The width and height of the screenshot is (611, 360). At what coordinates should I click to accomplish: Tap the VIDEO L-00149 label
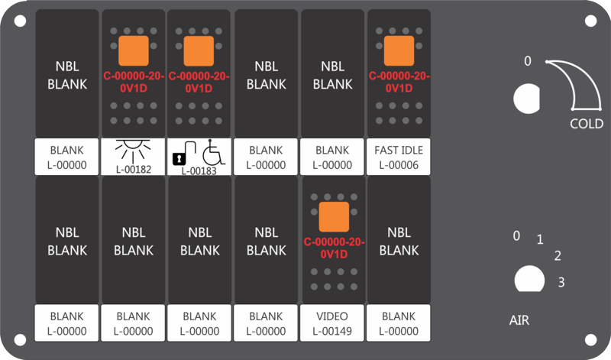(x=332, y=323)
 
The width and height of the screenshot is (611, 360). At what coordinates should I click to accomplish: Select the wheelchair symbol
(x=214, y=152)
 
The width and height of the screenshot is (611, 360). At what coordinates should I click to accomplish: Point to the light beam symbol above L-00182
(x=133, y=151)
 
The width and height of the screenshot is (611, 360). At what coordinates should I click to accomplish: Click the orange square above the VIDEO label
(x=334, y=217)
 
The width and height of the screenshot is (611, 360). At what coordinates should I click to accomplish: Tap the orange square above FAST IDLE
(x=399, y=50)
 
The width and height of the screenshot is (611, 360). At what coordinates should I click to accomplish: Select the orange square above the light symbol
(x=134, y=50)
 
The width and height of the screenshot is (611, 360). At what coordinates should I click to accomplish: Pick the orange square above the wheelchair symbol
(x=199, y=50)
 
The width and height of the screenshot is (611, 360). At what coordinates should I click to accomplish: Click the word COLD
(x=587, y=124)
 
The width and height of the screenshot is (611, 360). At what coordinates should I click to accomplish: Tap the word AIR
(x=519, y=320)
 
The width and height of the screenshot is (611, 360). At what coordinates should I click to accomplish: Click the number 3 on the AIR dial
(x=561, y=282)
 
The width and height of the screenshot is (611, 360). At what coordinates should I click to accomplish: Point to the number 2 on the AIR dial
(x=558, y=256)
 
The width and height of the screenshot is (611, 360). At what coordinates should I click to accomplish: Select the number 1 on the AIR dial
(x=540, y=239)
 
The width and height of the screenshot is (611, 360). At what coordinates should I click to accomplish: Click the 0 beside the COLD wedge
(x=528, y=61)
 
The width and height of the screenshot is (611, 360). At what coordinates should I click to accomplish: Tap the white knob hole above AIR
(x=529, y=279)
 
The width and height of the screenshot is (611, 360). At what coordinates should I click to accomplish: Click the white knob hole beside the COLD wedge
(x=527, y=99)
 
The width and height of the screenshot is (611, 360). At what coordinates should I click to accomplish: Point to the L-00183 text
(x=199, y=171)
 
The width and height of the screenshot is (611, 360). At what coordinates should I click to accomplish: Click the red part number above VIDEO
(x=334, y=248)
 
